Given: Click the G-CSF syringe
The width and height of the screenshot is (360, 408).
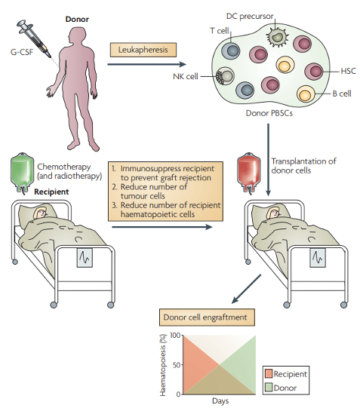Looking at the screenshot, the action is coord(34,38).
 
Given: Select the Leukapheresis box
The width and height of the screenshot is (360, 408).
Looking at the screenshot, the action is coord(143,50).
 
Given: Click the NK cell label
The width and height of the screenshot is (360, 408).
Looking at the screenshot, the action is coord(186,76).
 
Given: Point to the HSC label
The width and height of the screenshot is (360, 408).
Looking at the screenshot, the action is coord(348,71).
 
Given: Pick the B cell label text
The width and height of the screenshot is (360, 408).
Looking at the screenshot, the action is coord(342,94).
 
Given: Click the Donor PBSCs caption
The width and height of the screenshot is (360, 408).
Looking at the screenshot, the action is coord(269,113).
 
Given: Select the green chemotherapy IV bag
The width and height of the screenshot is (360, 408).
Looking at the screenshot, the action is coord(22,173).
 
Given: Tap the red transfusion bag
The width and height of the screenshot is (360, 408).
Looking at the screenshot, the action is coord(248,173).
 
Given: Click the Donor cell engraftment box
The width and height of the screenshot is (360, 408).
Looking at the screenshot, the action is coord(207,318).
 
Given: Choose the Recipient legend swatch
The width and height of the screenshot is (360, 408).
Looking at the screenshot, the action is coord(269,373).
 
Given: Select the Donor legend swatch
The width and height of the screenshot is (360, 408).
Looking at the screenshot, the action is coord(269,387).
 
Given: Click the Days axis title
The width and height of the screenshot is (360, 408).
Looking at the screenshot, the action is coord(220,401).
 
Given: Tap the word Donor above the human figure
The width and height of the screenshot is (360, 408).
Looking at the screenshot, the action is coord(77,20).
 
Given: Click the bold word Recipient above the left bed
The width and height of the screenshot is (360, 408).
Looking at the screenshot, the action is coord(51,192).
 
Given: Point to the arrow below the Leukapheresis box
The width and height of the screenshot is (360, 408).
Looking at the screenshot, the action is coord(147,64).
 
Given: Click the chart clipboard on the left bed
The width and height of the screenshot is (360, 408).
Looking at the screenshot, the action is coord(85,258).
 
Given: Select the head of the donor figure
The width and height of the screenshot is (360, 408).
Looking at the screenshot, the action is coord(75,36).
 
